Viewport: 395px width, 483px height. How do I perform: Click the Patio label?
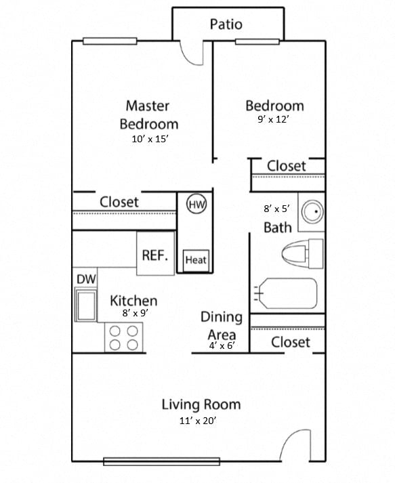click(226, 25)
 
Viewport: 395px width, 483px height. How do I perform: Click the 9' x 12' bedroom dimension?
click(274, 120)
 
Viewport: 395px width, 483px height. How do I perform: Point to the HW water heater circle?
click(196, 204)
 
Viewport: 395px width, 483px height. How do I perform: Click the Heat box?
click(196, 259)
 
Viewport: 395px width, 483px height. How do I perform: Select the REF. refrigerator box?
click(155, 255)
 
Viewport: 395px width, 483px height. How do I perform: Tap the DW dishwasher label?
click(85, 278)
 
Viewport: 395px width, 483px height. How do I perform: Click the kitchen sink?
click(87, 306)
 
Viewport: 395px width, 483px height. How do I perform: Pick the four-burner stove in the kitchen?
click(124, 337)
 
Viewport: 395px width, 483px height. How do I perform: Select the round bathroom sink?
click(313, 213)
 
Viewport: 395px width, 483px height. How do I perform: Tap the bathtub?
click(286, 293)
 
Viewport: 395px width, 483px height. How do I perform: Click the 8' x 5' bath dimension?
click(276, 209)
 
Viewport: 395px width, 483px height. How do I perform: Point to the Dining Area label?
click(221, 325)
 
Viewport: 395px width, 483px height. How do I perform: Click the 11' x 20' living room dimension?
click(199, 421)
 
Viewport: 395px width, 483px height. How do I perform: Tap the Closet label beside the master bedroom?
click(119, 202)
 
